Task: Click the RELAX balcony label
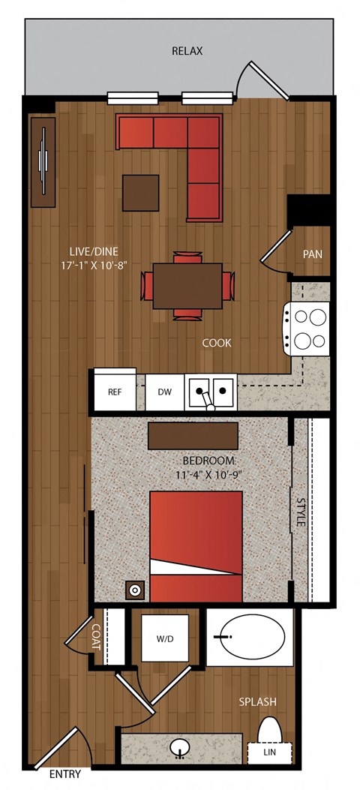[x=187, y=51]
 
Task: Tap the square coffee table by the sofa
[x=140, y=193]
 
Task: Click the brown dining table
[x=187, y=286]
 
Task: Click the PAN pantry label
[x=313, y=254]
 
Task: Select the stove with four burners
[x=307, y=329]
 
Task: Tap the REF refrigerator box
[x=115, y=392]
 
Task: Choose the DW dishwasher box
[x=165, y=392]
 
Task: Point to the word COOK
[x=217, y=343]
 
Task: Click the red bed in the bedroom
[x=196, y=547]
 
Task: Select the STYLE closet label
[x=301, y=512]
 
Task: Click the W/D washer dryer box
[x=165, y=639]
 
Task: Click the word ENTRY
[x=65, y=775]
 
